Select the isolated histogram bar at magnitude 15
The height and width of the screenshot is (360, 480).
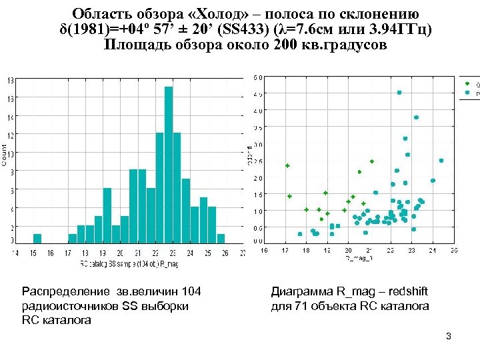point(37,239)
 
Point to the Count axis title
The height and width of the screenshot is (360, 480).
point(4,155)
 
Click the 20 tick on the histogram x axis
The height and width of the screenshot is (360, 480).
point(120,253)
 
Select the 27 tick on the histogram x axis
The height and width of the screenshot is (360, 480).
point(243,253)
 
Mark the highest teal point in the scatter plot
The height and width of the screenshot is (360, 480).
point(399,93)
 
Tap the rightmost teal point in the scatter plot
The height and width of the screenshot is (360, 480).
point(441,161)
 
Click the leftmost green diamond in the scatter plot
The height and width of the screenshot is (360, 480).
point(287,165)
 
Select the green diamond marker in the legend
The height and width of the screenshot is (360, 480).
point(468,85)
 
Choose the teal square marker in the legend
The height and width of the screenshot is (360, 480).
point(468,94)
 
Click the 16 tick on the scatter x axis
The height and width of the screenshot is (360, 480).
point(264,251)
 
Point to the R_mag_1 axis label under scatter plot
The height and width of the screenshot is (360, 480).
point(359,257)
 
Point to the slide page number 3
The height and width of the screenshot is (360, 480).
point(449,335)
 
